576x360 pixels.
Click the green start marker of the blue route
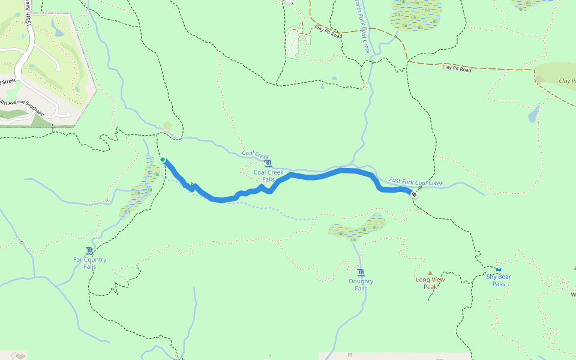pos(163,159)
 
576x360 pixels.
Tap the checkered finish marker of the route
pos(414,194)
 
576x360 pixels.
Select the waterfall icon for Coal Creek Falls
pos(268,163)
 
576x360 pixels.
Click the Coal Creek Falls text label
pos(268,176)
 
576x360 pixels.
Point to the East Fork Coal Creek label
pos(416,182)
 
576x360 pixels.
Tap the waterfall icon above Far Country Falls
pos(89,251)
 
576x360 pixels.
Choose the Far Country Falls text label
pos(90,263)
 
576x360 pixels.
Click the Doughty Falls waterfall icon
pos(361,272)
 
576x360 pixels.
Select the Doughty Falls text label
pos(361,284)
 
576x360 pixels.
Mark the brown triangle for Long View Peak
pos(430,272)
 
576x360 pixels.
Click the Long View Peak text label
pos(430,283)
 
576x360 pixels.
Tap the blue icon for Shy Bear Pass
pos(498,269)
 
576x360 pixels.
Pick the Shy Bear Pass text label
pos(499,280)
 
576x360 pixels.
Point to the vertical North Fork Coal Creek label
pos(361,27)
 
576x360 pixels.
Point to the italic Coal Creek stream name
pos(256,154)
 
